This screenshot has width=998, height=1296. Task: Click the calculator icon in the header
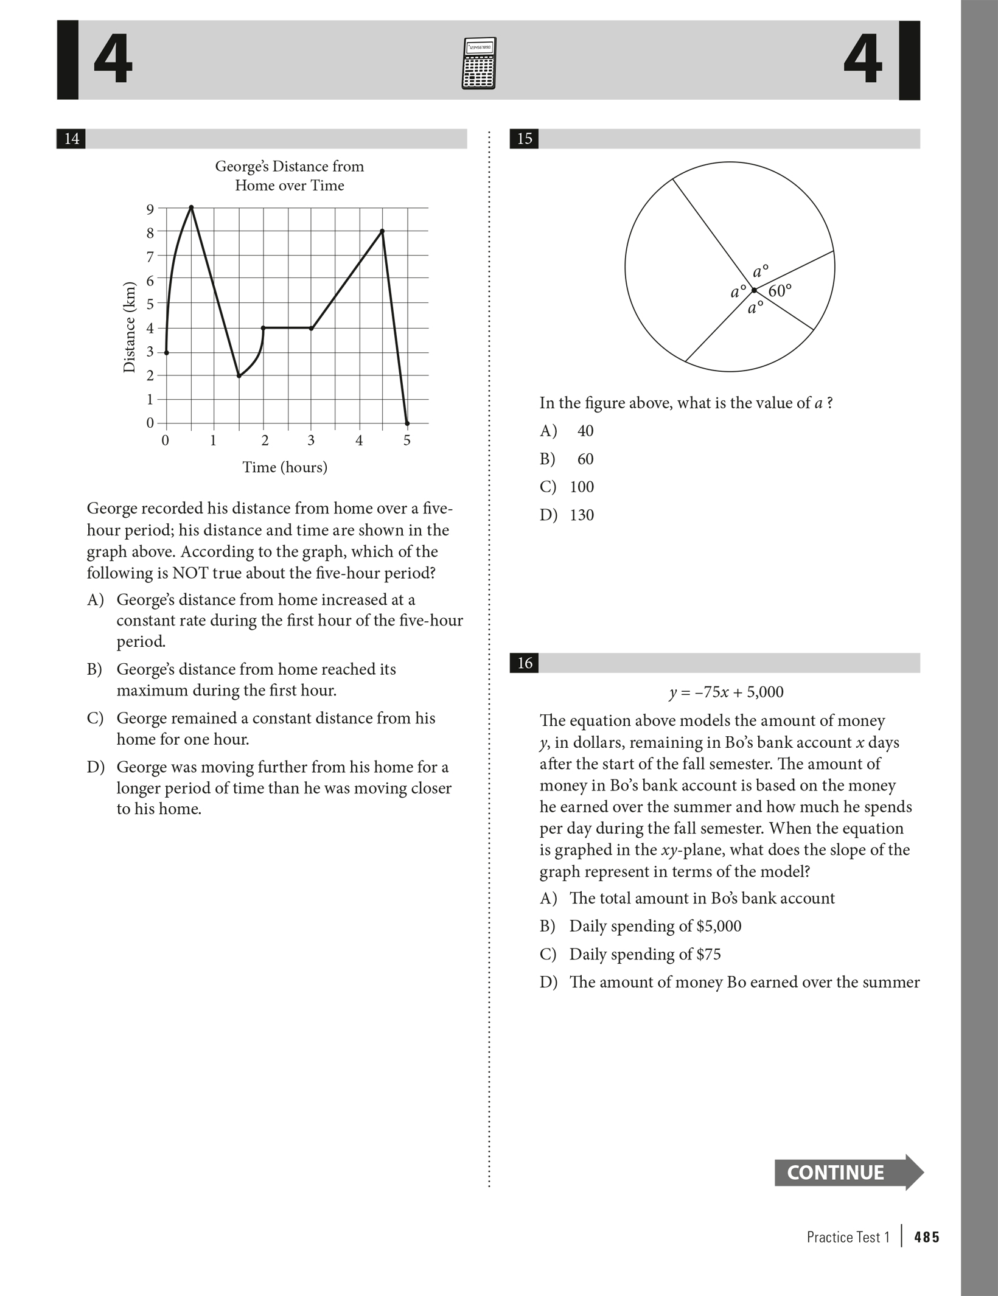[480, 63]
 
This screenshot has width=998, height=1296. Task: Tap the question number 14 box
[71, 139]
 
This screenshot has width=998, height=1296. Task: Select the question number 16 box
[524, 663]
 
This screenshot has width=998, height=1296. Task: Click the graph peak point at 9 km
[191, 207]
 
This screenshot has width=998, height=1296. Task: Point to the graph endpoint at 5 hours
[407, 423]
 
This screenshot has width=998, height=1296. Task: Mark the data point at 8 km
[382, 231]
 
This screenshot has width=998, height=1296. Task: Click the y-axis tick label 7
[150, 256]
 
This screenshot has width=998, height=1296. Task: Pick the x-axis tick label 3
[311, 441]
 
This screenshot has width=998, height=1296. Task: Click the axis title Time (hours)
[285, 467]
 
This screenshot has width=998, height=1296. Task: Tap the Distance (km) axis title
[129, 327]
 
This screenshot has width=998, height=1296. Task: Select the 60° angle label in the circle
[780, 291]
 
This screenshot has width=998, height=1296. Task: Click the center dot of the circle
[754, 290]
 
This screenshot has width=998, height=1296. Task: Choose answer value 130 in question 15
[582, 515]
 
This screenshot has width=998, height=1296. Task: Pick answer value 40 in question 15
[585, 431]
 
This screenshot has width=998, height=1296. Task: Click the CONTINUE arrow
[848, 1172]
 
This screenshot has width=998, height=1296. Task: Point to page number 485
[927, 1237]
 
